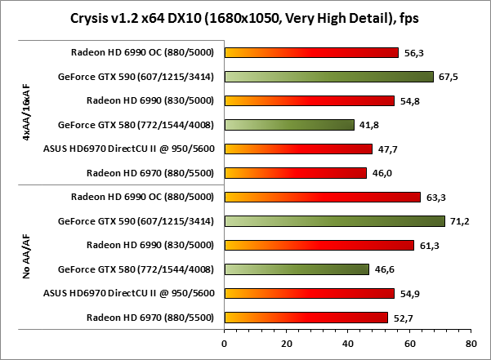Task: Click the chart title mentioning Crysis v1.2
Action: pos(245,17)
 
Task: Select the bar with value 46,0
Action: pos(295,173)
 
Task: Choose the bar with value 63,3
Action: pos(322,197)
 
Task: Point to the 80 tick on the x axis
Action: pos(471,344)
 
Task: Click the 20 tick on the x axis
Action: pos(286,344)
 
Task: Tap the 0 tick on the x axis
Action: pos(224,344)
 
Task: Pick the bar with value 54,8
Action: pos(309,100)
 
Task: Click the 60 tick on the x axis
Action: pos(409,344)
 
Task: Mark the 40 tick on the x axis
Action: pos(347,344)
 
